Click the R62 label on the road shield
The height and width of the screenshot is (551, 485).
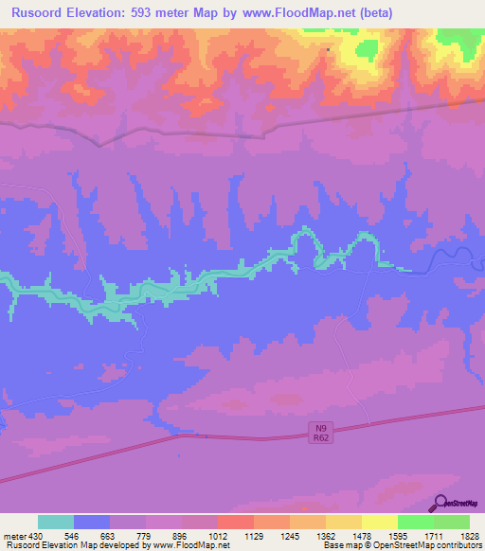[320, 438]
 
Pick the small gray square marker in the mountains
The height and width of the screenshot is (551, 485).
[328, 49]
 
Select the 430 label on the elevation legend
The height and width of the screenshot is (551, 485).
[33, 535]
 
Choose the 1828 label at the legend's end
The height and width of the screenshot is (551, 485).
[470, 535]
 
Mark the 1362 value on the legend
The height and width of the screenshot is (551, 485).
[325, 535]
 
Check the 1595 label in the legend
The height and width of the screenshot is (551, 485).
[397, 535]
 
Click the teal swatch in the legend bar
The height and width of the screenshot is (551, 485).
[56, 522]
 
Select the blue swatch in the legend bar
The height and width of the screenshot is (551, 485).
[92, 522]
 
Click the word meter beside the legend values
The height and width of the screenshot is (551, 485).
[13, 535]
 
